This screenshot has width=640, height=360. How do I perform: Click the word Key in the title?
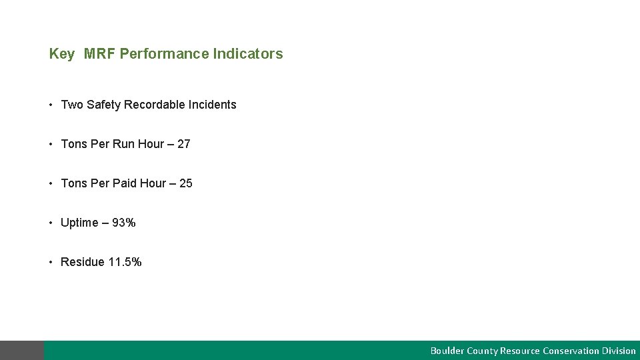(61, 54)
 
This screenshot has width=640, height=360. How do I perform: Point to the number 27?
(184, 144)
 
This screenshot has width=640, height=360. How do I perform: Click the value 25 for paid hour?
(186, 183)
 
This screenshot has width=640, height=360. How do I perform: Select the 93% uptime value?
(124, 223)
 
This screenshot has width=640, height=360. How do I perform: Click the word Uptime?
(79, 223)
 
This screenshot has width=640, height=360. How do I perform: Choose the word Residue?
(83, 262)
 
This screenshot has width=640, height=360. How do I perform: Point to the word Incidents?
(213, 105)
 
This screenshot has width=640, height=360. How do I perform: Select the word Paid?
(124, 183)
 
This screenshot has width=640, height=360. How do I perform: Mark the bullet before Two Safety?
(51, 105)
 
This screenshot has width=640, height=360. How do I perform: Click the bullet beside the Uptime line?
(51, 223)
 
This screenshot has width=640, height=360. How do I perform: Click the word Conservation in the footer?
(571, 351)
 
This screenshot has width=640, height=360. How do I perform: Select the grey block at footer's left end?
(22, 350)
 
